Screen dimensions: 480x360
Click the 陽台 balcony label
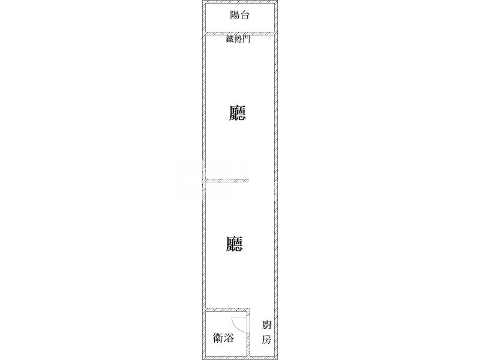[x=239, y=14]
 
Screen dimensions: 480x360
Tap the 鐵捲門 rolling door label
[x=238, y=39]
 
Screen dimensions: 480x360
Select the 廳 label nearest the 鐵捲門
[x=237, y=113]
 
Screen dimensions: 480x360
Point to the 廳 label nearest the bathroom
[x=234, y=244]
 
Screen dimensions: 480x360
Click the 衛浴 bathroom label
[x=223, y=338]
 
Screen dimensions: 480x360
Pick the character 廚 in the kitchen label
[x=266, y=325]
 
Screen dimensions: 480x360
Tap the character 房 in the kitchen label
[x=266, y=339]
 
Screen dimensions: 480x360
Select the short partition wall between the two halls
[x=227, y=181]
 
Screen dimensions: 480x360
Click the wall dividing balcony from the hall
[x=239, y=34]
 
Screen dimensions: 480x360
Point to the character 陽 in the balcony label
[x=235, y=14]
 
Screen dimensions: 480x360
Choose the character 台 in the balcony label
[x=245, y=15]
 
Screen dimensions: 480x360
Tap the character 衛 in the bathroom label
[x=218, y=338]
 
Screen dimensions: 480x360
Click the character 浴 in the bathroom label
[x=229, y=338]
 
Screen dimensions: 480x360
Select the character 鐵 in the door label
[x=230, y=39]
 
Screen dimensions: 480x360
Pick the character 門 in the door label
[x=247, y=39]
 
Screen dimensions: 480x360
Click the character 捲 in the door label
[x=238, y=39]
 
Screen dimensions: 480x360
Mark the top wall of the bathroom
[x=228, y=310]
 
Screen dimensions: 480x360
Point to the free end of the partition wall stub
[x=248, y=181]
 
